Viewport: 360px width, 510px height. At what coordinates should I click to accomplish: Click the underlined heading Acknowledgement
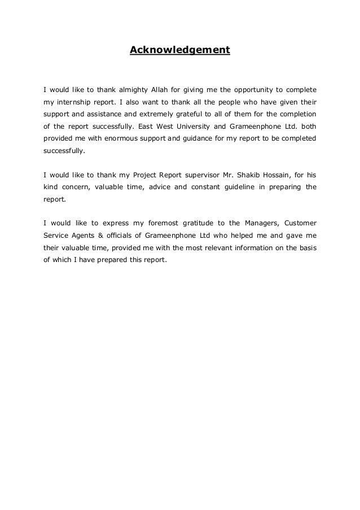click(x=180, y=50)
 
